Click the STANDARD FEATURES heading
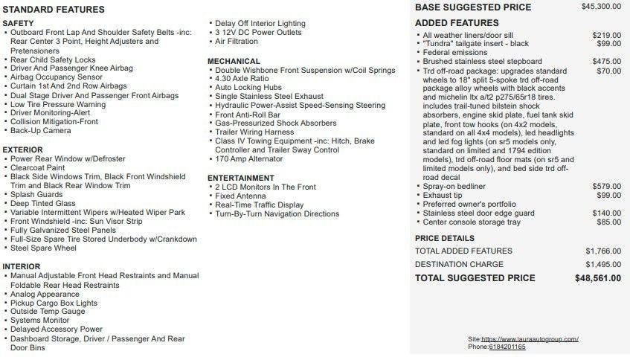tap(54, 10)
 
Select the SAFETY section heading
tap(19, 24)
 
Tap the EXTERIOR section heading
tap(23, 150)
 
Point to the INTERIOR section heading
tap(22, 266)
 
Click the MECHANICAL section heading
tap(234, 61)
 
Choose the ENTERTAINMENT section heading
tap(241, 178)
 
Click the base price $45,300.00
tap(601, 7)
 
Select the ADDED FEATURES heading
tap(457, 23)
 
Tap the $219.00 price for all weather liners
tap(606, 35)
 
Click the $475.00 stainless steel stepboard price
tap(606, 62)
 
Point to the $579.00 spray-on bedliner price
tap(606, 187)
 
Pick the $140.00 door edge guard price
tap(606, 213)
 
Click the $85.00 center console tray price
tap(608, 222)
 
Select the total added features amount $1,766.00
tap(602, 251)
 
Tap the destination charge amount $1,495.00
tap(602, 264)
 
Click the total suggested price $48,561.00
tap(598, 278)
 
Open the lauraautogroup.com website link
tap(533, 339)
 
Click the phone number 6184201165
tap(507, 347)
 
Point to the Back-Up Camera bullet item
tap(41, 131)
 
